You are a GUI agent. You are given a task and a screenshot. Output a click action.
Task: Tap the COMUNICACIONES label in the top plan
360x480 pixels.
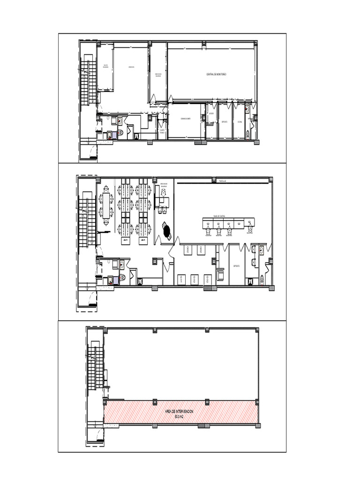[x=185, y=119]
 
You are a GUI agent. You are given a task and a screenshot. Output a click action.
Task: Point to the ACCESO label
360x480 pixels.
[x=211, y=113]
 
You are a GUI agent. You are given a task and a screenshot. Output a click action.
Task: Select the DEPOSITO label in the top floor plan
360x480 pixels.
[x=225, y=122]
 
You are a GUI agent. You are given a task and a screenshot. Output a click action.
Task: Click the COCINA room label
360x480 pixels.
[x=240, y=122]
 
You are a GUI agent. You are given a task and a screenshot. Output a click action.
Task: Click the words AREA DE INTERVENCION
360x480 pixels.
[x=179, y=411]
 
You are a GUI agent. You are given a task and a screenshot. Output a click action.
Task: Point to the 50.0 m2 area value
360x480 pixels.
[x=179, y=416]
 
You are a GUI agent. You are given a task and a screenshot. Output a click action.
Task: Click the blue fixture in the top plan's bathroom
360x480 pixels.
[x=109, y=135]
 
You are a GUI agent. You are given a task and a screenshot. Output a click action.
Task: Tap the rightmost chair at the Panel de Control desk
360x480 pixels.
[x=252, y=229]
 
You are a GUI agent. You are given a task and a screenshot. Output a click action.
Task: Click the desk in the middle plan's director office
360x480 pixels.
[x=163, y=201]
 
